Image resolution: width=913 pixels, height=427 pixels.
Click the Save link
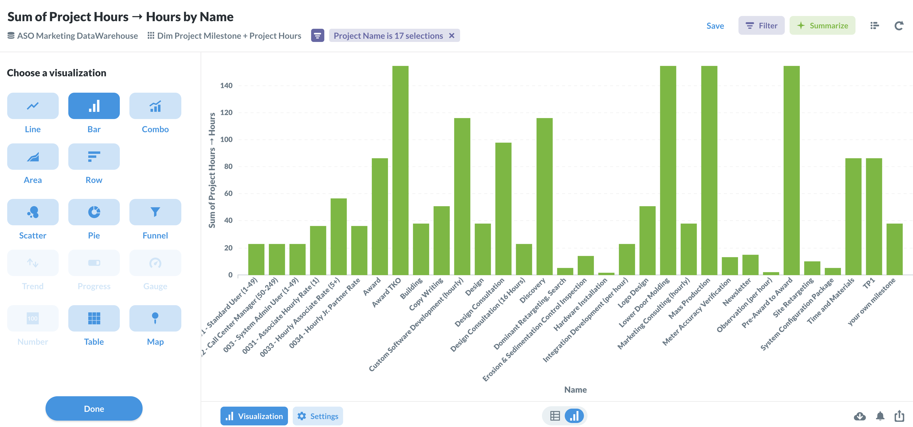coord(715,26)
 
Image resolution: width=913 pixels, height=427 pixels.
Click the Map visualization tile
coord(155,318)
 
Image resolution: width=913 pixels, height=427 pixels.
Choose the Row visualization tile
coord(94,157)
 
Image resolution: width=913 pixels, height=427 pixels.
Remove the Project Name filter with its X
coord(452,36)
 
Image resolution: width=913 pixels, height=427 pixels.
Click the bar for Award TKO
coord(400,170)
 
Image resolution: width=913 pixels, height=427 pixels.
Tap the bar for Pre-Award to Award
coord(791,170)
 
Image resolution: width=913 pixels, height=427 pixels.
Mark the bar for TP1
coord(874,216)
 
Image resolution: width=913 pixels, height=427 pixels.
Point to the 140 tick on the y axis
coord(226,85)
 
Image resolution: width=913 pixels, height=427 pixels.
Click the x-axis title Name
coord(575,389)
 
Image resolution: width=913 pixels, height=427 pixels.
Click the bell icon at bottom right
coord(880,416)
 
